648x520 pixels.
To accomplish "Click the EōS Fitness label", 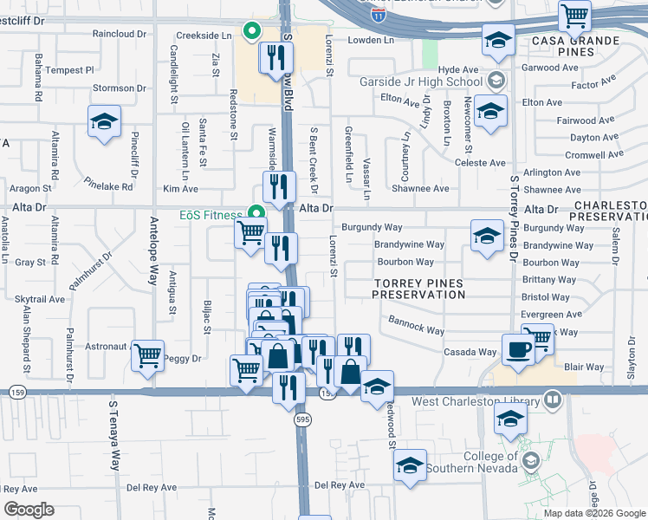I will (x=204, y=214).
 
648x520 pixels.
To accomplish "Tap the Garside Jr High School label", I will (x=421, y=82).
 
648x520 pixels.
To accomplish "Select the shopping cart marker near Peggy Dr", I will (x=148, y=354).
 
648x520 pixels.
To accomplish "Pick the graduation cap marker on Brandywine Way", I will (x=487, y=234).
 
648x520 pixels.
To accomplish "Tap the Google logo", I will (x=29, y=510).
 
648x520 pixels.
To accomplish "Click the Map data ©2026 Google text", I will (x=594, y=513).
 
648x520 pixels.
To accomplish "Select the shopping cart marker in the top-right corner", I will (x=574, y=15).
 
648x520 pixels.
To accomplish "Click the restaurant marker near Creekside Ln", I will (x=275, y=58).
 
